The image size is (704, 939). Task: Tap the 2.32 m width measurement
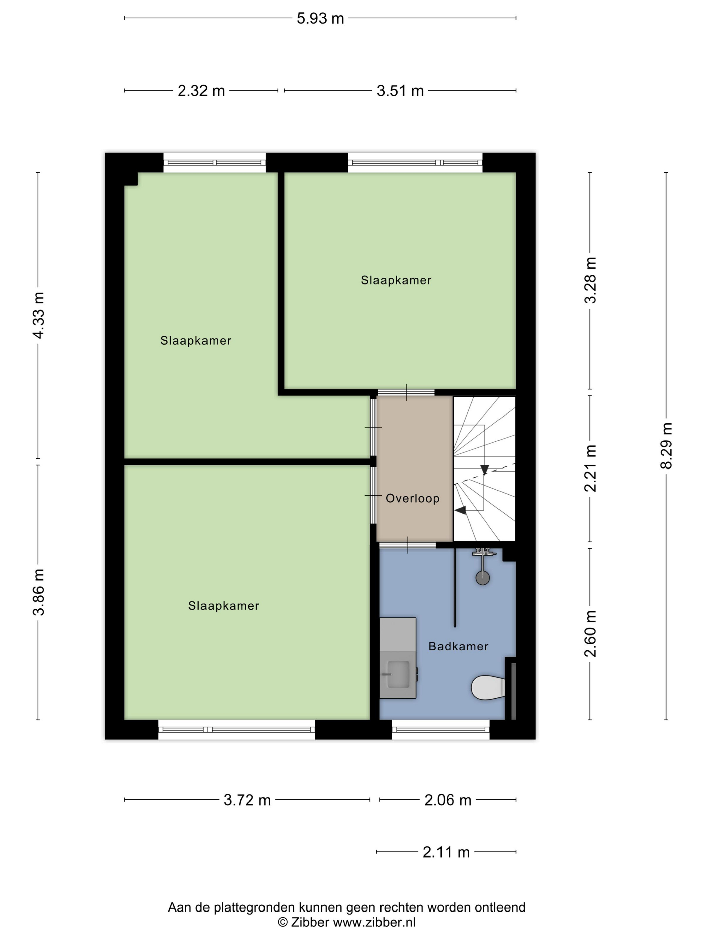201,91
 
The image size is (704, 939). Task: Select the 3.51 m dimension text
400,91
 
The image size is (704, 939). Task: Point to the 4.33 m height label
38,316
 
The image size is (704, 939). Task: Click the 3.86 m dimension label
38,592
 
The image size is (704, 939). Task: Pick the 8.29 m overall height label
666,446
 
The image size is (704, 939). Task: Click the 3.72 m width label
247,800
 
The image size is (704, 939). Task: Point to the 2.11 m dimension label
446,852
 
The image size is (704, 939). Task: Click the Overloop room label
412,498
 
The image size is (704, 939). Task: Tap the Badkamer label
458,647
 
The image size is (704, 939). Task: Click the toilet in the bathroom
488,688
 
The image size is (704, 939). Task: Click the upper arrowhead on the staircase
485,469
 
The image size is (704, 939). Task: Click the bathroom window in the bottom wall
441,730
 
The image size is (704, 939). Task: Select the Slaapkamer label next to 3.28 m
396,280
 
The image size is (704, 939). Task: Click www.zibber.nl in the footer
374,922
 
